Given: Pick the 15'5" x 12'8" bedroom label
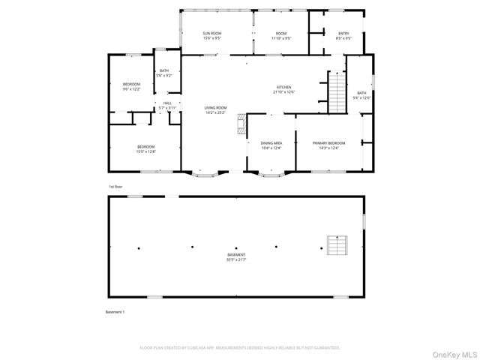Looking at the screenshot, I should pyautogui.click(x=145, y=148).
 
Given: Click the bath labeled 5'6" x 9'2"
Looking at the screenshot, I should pyautogui.click(x=164, y=73).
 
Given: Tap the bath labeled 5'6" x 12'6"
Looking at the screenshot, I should pyautogui.click(x=361, y=95).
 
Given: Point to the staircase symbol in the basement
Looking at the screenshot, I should pyautogui.click(x=337, y=245).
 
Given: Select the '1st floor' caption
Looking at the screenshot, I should pyautogui.click(x=115, y=186).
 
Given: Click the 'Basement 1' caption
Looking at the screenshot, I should pyautogui.click(x=115, y=311).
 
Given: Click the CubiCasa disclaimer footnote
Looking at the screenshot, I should pyautogui.click(x=240, y=348).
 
